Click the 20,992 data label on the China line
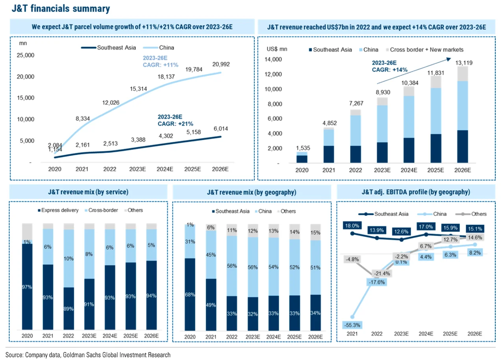tap(220, 64)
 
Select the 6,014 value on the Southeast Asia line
tap(220, 129)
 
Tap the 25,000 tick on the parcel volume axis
tap(27, 55)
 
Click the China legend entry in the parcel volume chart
tap(167, 48)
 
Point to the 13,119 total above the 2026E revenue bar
tap(465, 62)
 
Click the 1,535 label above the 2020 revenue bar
tap(302, 148)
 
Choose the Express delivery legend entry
tap(59, 210)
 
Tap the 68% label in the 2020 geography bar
tap(190, 295)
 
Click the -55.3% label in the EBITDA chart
tap(353, 325)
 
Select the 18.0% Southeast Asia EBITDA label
tap(352, 226)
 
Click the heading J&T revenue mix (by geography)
tap(252, 193)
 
